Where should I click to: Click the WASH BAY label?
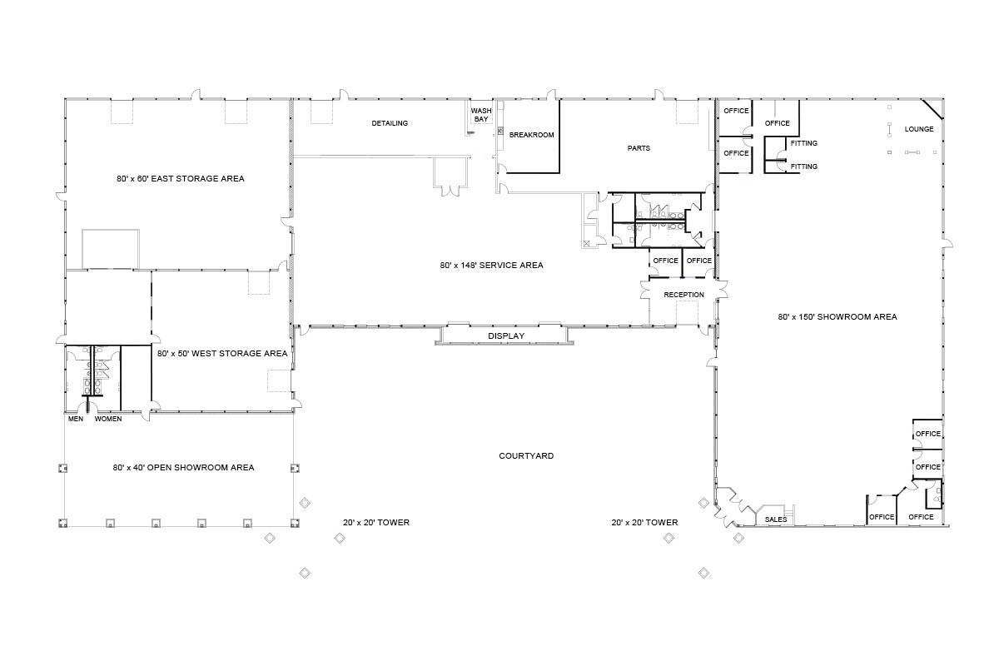481,115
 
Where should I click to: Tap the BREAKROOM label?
531,135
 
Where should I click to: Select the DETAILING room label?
390,123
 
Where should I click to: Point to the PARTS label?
639,148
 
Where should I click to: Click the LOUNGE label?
919,129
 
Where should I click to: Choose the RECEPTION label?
683,295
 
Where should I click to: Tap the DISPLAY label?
506,336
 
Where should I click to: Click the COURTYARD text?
526,456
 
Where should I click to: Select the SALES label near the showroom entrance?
776,519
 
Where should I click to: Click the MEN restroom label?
75,419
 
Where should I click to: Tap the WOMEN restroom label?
108,419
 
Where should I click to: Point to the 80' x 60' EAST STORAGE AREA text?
181,178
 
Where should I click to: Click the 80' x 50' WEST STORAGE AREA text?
222,353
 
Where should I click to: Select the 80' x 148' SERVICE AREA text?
491,266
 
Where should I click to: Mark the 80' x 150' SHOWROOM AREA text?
837,316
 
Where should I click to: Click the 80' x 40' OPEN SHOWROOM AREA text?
183,468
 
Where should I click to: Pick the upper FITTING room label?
803,143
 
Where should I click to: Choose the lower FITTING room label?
803,166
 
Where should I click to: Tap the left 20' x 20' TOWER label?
375,523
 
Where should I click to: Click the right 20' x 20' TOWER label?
644,523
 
